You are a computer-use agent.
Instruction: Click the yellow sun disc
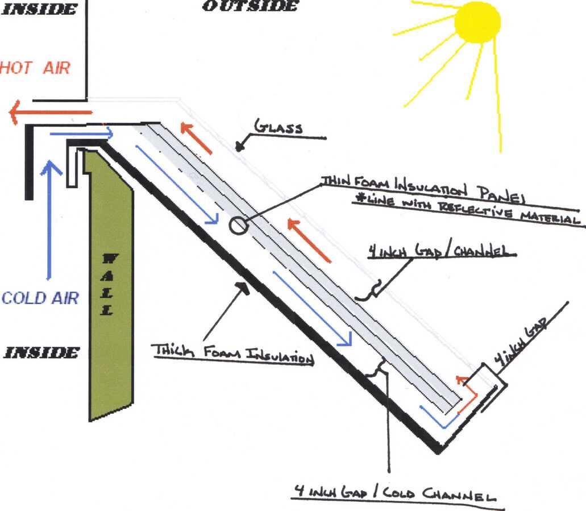[477, 22]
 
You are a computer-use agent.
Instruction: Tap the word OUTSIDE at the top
[250, 6]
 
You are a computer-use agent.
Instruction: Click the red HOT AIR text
[35, 68]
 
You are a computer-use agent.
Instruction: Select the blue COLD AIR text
[40, 298]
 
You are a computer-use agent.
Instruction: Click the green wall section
[111, 284]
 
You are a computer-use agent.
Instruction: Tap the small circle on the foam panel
[238, 226]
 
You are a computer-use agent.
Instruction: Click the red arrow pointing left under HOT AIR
[51, 112]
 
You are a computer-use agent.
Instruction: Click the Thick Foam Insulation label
[232, 353]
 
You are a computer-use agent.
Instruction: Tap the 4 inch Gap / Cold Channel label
[394, 493]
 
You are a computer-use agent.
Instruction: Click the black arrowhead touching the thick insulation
[243, 288]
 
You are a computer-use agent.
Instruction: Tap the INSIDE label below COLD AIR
[41, 352]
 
